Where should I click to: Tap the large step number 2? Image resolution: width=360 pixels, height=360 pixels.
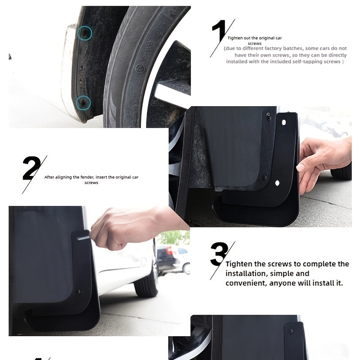point(31,169)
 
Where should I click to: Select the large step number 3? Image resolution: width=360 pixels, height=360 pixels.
point(218,255)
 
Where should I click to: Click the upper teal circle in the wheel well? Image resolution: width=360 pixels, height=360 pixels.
point(84,32)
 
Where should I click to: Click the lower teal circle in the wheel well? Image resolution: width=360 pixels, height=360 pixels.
point(83,103)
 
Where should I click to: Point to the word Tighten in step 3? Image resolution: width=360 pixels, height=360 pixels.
point(240,264)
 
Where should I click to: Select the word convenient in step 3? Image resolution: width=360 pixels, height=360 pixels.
point(245,283)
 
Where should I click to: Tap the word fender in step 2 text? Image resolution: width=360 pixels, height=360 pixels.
point(85,177)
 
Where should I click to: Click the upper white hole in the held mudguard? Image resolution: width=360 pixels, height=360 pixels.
point(283,121)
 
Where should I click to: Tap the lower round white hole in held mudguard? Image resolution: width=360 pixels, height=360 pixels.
point(277,183)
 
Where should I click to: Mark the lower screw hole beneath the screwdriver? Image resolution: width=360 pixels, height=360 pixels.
point(79,292)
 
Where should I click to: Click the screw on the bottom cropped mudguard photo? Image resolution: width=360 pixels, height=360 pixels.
point(291,332)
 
